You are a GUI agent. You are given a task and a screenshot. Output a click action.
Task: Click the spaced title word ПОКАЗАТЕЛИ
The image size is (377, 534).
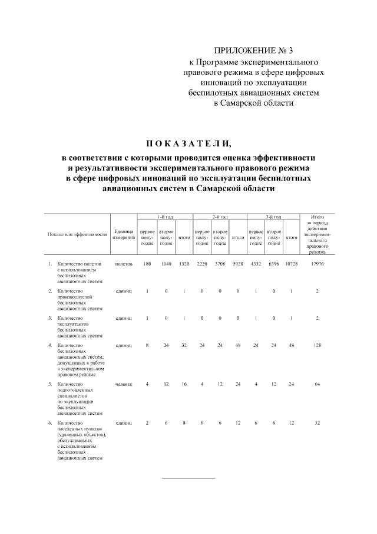pos(188,143)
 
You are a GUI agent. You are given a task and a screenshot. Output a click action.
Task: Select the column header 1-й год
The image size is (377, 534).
pos(165,217)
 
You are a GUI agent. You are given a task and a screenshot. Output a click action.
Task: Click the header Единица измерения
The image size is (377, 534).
pos(124,234)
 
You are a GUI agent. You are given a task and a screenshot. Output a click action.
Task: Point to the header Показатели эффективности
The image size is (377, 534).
pos(77,234)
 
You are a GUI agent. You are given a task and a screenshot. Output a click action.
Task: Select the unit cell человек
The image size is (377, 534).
pos(124,384)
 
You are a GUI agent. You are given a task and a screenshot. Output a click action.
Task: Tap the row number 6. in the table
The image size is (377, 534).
pos(50,423)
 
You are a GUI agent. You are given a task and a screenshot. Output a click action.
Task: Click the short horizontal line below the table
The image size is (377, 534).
pos(188,477)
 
